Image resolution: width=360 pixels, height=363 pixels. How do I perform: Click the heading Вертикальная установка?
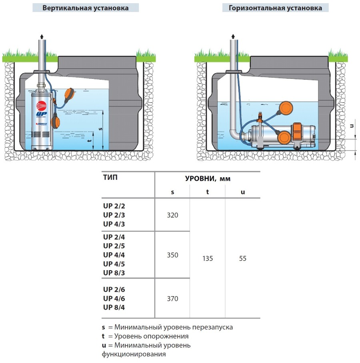(x=86, y=8)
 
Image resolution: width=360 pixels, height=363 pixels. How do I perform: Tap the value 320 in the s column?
(x=172, y=215)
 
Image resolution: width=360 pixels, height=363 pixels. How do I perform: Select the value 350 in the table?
(x=172, y=255)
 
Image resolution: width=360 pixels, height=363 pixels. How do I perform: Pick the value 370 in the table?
(x=172, y=299)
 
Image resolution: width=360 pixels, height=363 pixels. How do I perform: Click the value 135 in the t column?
(x=207, y=259)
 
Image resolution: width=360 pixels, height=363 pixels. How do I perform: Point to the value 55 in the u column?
(x=242, y=259)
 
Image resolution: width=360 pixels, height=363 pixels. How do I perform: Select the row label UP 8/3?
(x=114, y=273)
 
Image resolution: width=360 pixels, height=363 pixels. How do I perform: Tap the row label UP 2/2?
(x=114, y=206)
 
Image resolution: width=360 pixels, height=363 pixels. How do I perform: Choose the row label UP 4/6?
(x=114, y=298)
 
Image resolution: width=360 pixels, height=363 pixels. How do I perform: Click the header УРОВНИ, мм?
(x=208, y=178)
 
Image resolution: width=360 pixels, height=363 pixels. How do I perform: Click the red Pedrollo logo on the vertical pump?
(x=42, y=106)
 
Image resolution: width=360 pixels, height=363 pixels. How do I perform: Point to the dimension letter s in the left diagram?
(x=100, y=129)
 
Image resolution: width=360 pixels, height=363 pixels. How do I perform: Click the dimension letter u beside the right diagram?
(x=352, y=126)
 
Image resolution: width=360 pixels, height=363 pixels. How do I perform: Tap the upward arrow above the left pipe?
(x=41, y=37)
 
